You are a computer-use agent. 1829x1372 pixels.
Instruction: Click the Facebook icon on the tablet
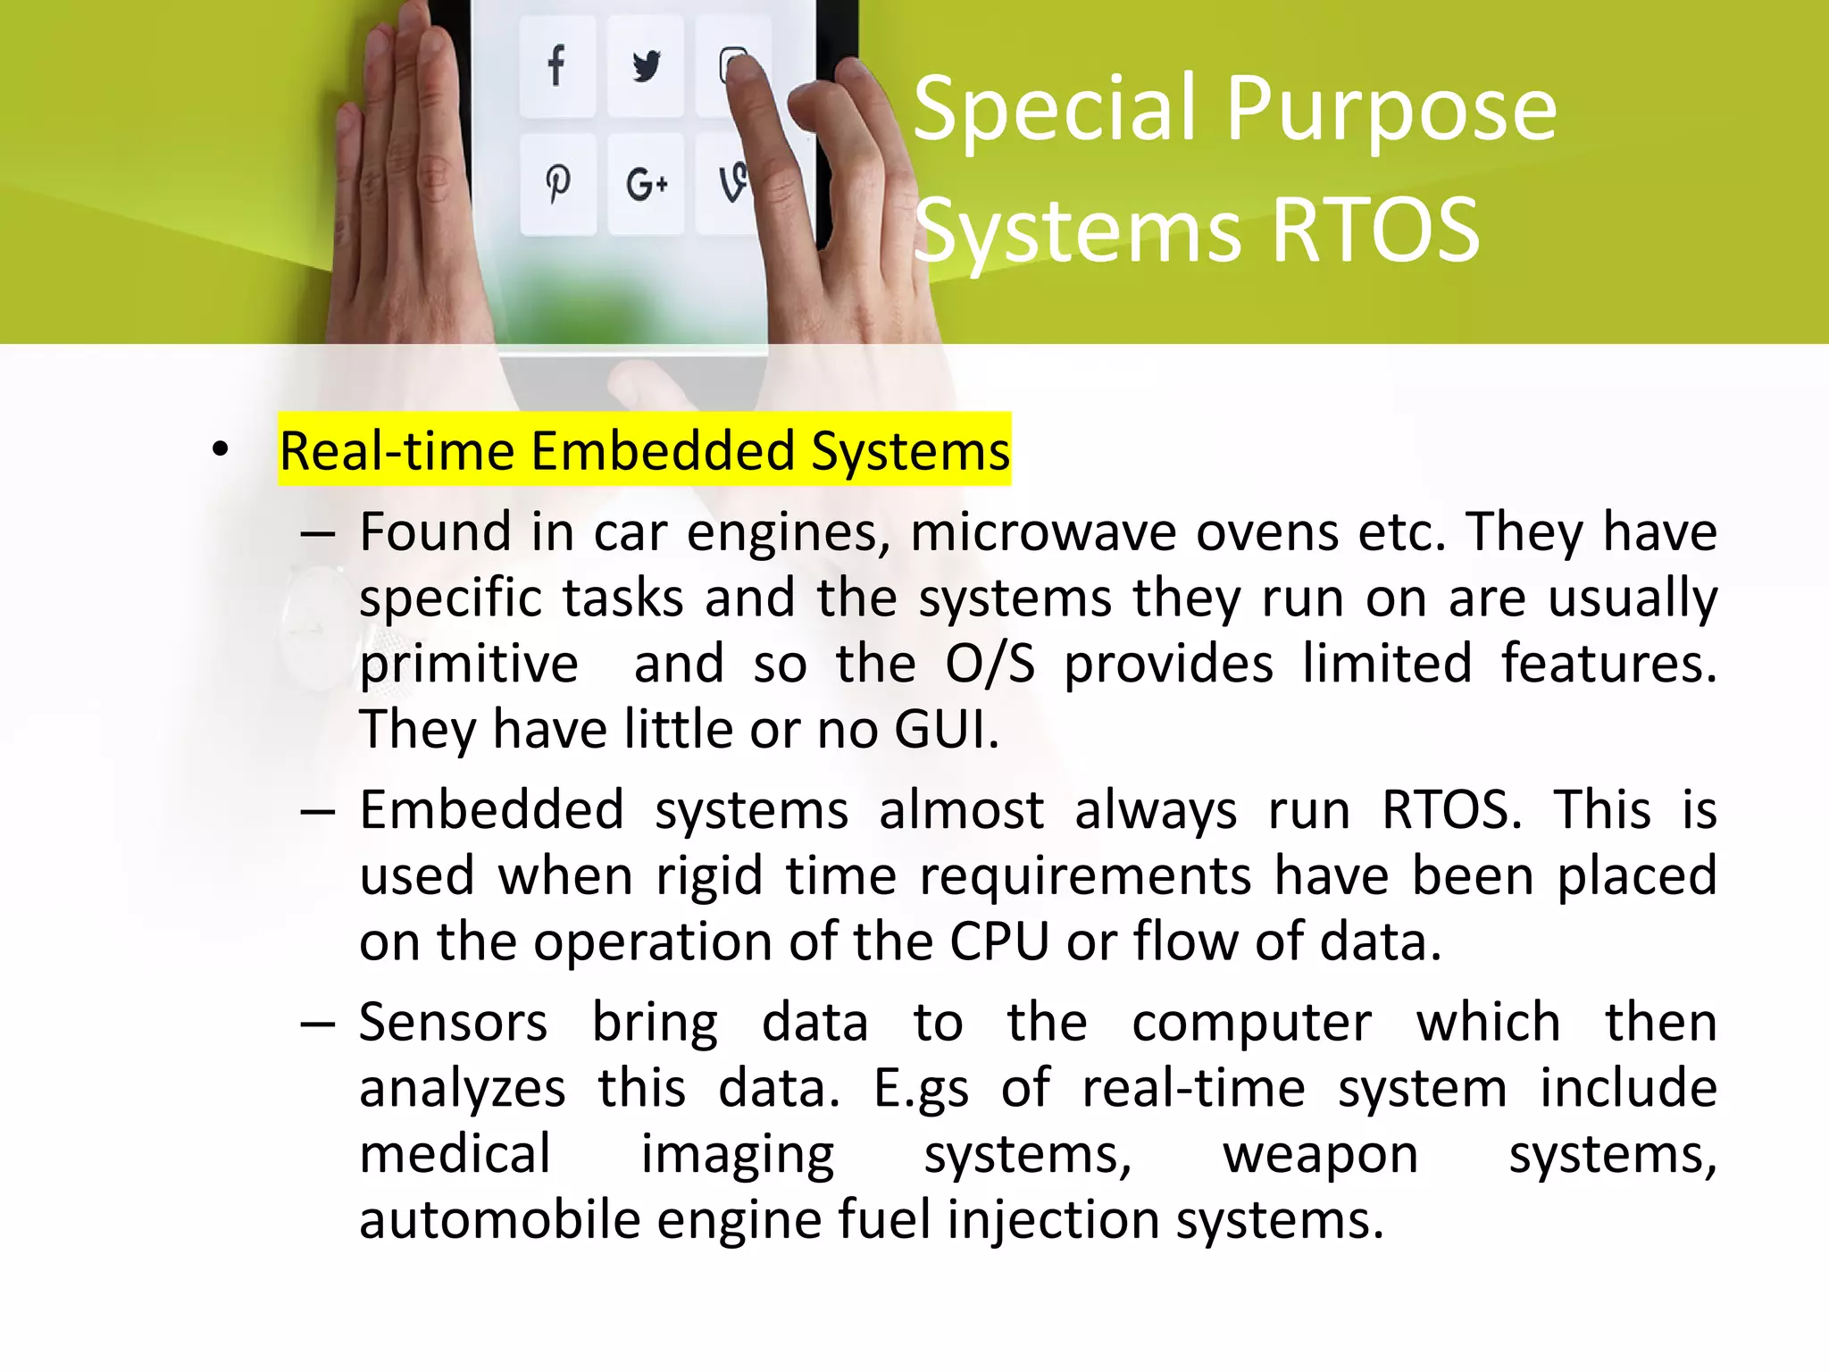(x=556, y=65)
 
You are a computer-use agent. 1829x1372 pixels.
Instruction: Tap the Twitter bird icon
(x=646, y=66)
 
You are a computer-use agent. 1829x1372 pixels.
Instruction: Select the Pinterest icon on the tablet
(x=558, y=184)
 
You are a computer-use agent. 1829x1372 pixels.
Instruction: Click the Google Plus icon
(x=647, y=184)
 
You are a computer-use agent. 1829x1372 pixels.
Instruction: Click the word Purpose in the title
(x=1391, y=111)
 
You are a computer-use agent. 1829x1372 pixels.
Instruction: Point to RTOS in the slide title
(x=1375, y=230)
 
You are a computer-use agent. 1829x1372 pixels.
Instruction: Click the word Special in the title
(x=1055, y=109)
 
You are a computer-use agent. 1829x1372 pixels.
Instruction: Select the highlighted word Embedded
(x=663, y=450)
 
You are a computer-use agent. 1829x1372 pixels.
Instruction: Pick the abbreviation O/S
(x=990, y=664)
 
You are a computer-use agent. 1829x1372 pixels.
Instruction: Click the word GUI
(x=945, y=729)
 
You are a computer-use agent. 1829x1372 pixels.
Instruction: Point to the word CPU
(x=998, y=941)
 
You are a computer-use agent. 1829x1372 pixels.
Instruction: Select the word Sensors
(x=453, y=1023)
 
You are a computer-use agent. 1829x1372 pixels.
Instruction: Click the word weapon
(x=1320, y=1154)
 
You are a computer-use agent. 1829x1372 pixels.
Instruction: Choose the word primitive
(x=469, y=665)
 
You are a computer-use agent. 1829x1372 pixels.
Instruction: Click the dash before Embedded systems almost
(x=318, y=811)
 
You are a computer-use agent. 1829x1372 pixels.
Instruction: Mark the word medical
(x=455, y=1154)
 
